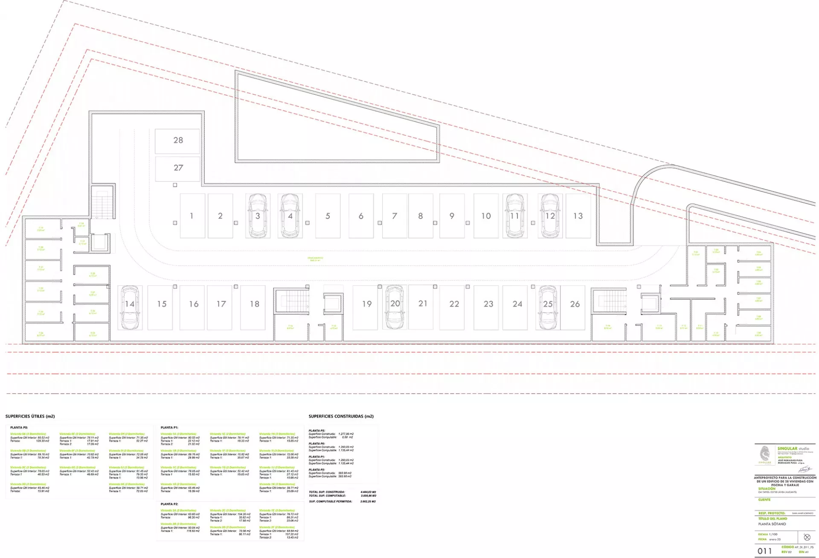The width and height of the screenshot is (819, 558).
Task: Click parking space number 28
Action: pyautogui.click(x=177, y=141)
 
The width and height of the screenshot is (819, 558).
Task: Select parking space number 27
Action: pyautogui.click(x=177, y=168)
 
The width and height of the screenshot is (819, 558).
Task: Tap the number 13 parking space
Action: pyautogui.click(x=578, y=216)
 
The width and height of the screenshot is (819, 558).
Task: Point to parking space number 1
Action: pyautogui.click(x=192, y=216)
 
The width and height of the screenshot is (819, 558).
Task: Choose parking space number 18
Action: pyautogui.click(x=254, y=304)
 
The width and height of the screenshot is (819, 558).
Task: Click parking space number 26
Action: pyautogui.click(x=575, y=304)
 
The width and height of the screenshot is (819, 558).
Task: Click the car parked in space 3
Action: pyautogui.click(x=258, y=216)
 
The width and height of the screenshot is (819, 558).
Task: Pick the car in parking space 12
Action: pyautogui.click(x=550, y=216)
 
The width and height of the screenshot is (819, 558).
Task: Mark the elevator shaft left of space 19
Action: pyautogui.click(x=333, y=304)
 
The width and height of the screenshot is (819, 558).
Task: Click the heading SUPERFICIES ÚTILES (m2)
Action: pyautogui.click(x=30, y=416)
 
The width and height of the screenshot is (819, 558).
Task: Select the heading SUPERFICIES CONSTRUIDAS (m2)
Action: pyautogui.click(x=341, y=416)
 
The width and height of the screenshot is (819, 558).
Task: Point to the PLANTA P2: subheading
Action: pyautogui.click(x=169, y=504)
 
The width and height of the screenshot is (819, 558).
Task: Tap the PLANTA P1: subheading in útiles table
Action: pyautogui.click(x=169, y=427)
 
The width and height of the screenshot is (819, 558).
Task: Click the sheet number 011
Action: pyautogui.click(x=764, y=551)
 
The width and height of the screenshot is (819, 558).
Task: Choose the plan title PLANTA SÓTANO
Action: pyautogui.click(x=772, y=524)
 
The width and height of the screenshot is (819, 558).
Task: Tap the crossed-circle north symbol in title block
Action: pyautogui.click(x=807, y=537)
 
